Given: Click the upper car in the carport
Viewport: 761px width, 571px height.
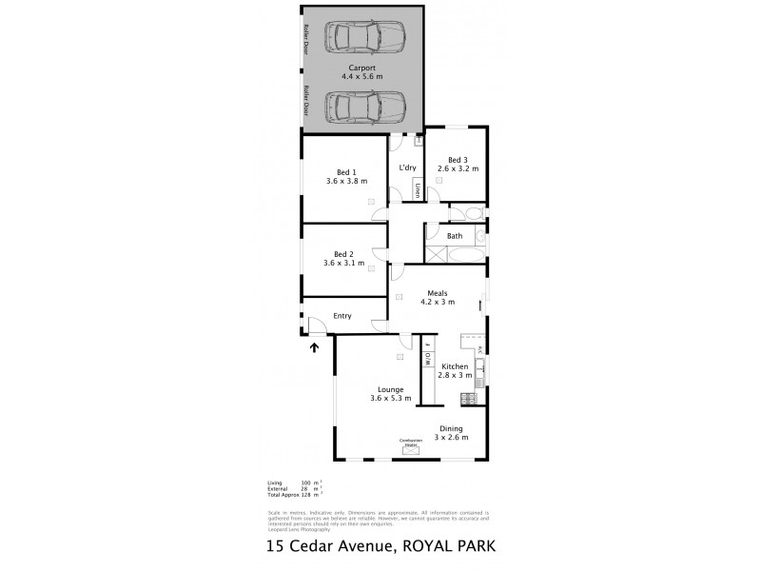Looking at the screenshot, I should click(364, 39).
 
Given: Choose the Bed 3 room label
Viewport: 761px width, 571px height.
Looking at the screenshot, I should click(458, 164).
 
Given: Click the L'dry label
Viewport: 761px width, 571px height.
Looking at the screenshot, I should click(408, 168).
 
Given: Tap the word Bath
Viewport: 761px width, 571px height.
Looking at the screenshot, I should click(455, 236).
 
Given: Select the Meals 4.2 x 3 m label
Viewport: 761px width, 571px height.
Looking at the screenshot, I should click(438, 298).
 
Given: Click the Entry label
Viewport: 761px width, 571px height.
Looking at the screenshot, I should click(341, 316).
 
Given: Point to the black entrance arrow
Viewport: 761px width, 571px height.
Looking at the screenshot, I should click(314, 346).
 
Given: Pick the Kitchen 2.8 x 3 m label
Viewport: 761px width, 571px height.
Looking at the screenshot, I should click(455, 370).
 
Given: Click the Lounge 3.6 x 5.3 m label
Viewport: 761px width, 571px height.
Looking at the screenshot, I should click(391, 393).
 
